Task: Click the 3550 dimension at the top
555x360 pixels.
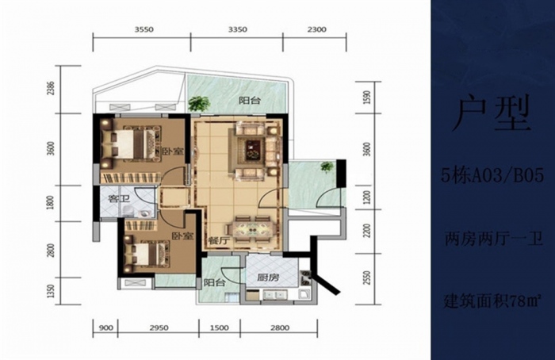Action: click(x=144, y=29)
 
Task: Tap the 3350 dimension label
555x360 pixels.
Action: click(x=237, y=29)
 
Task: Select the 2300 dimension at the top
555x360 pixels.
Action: click(x=317, y=29)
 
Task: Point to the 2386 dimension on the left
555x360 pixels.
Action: click(x=52, y=89)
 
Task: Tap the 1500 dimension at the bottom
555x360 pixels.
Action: click(x=220, y=328)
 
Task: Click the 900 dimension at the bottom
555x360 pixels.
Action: click(x=105, y=328)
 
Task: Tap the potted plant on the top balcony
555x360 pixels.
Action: click(x=199, y=105)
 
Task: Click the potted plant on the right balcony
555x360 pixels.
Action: click(x=327, y=166)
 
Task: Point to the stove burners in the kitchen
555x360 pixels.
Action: click(x=305, y=278)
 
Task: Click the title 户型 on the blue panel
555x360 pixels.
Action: click(x=492, y=113)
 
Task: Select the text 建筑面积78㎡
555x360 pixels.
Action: click(x=492, y=301)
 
